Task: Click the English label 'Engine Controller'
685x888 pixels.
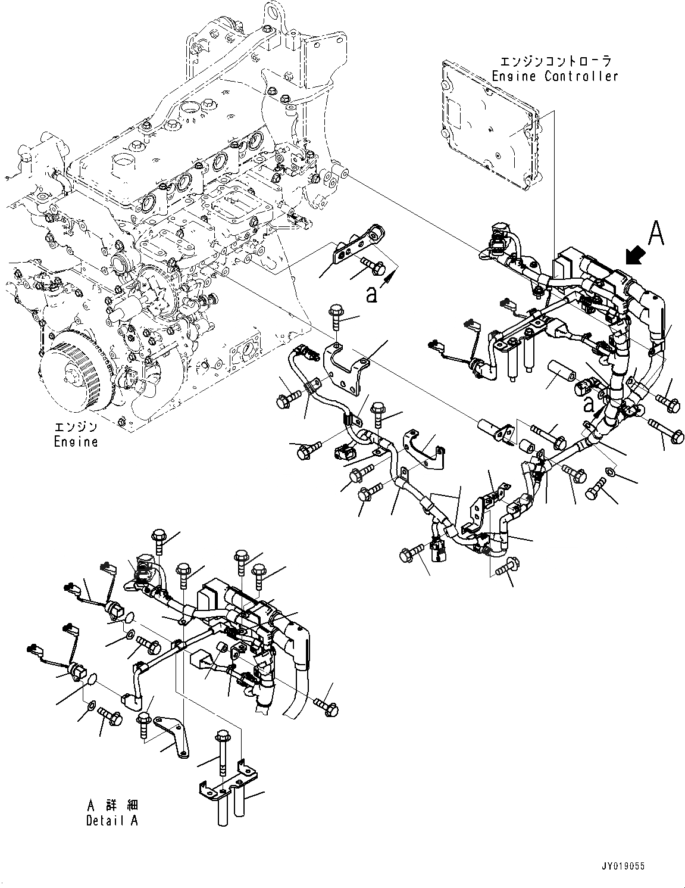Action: point(555,76)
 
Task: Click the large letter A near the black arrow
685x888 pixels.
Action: point(655,233)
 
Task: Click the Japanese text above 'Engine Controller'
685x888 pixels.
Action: point(556,61)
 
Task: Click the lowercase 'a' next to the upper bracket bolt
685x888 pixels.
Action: point(371,294)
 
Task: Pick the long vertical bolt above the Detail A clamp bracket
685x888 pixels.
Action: point(223,756)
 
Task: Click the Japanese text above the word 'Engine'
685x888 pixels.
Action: point(76,427)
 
